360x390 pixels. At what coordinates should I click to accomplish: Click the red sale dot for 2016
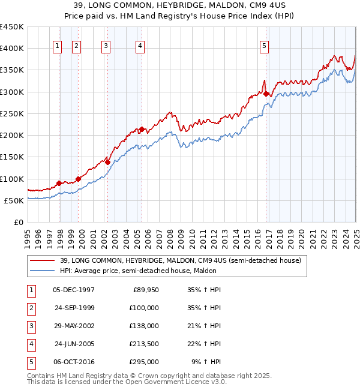pos(266,93)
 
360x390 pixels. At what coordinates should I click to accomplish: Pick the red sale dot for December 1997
pos(59,183)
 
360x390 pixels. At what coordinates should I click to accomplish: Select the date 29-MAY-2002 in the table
pos(74,326)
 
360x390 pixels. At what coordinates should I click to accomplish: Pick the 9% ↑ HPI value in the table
pos(206,362)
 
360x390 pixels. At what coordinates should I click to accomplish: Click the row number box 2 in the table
pos(31,308)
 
